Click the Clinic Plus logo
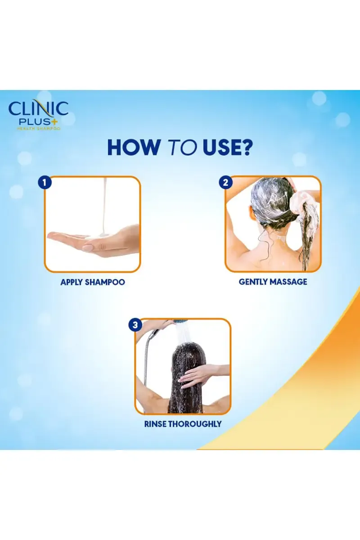pos(38,115)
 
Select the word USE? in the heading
pos(228,147)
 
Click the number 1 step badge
pos(45,183)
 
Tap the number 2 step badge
pos(225,183)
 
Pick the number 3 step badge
pos(135,325)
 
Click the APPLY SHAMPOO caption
pos(93,282)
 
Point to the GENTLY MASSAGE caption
pos(273,282)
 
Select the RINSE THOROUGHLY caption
pos(183,424)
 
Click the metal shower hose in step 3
pos(145,369)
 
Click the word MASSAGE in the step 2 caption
pos(289,282)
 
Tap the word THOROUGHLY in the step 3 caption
pos(195,424)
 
